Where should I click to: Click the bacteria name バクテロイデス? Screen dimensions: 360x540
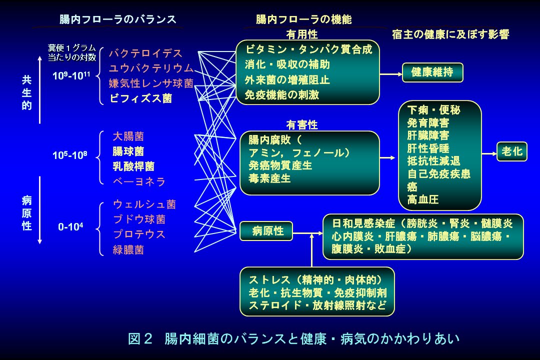[x=145, y=53]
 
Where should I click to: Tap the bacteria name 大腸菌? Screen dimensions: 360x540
[x=128, y=136]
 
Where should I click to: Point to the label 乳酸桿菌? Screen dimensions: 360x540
[x=133, y=166]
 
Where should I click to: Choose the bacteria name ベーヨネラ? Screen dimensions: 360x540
[x=139, y=181]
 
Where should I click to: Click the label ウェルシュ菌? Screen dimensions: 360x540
[x=144, y=204]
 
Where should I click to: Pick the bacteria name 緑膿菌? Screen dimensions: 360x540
[x=128, y=250]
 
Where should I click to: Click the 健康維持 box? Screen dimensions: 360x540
[x=432, y=72]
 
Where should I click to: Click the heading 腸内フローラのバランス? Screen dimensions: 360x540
[x=117, y=19]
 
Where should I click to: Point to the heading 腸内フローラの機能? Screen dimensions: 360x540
[x=303, y=19]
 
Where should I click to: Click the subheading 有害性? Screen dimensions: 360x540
[x=301, y=124]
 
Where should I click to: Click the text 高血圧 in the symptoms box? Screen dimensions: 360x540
[x=423, y=200]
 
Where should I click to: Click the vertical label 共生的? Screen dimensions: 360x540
[x=26, y=92]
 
